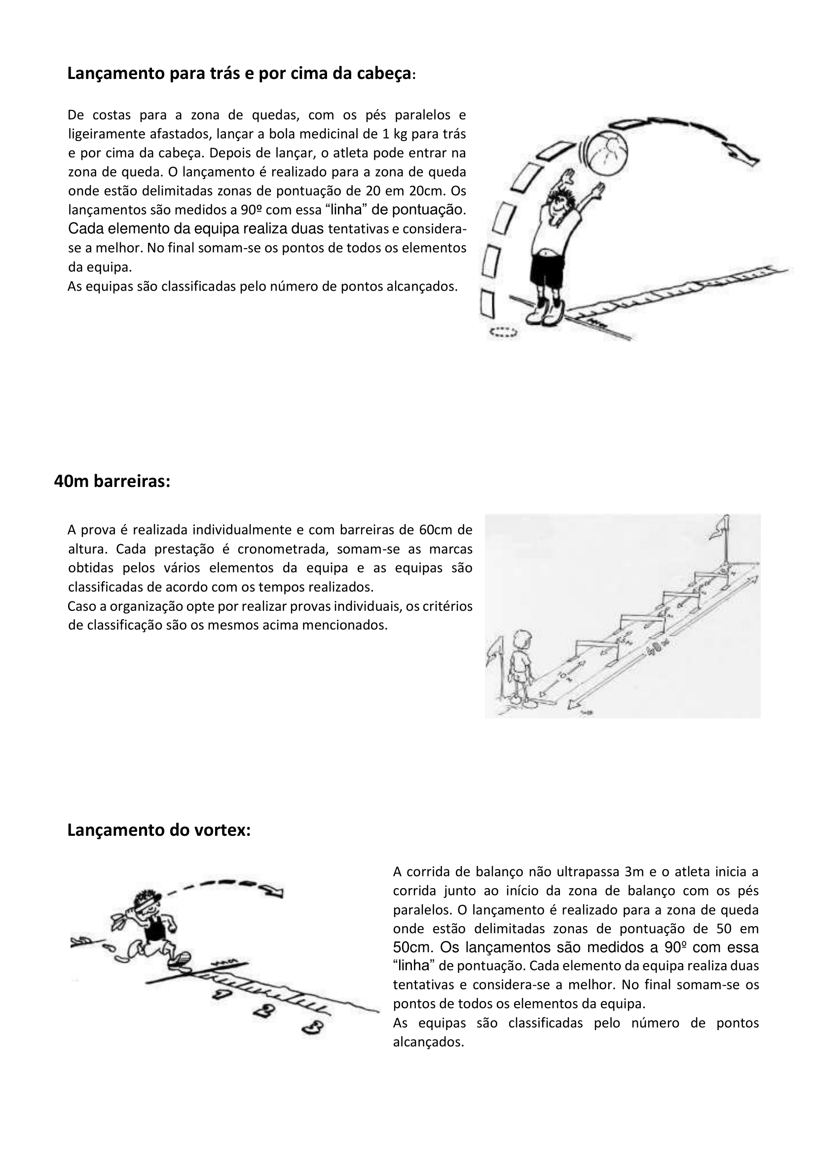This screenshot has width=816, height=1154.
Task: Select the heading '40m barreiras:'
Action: [x=112, y=482]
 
